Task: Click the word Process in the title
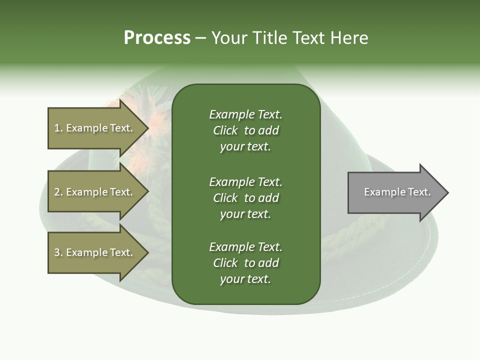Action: point(157,38)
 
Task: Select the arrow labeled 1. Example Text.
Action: point(95,128)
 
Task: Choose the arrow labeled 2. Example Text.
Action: point(95,192)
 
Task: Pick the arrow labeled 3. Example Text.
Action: point(95,252)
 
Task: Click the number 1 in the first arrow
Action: point(57,128)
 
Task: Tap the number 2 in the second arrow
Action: point(57,192)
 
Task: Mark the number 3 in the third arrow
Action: point(57,252)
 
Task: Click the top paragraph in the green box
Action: point(245,130)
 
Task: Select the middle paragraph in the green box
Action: point(245,198)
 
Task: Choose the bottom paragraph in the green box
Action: point(245,263)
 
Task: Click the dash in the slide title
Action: point(200,38)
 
